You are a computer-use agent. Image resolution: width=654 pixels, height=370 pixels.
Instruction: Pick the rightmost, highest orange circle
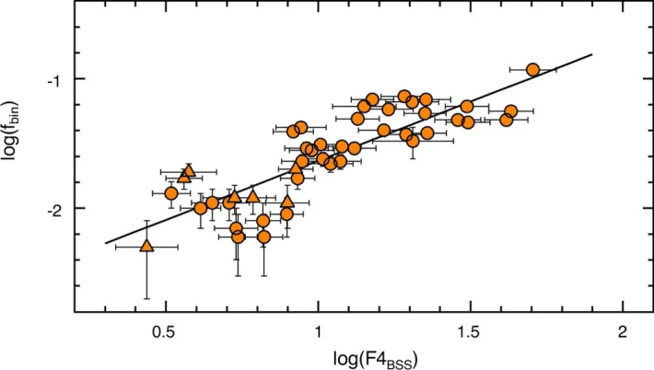pyautogui.click(x=532, y=70)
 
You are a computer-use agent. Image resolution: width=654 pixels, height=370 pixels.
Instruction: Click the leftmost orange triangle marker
pyautogui.click(x=146, y=245)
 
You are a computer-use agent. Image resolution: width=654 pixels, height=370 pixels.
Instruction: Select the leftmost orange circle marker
pyautogui.click(x=171, y=193)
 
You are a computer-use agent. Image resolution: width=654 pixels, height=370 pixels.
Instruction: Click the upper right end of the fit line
pyautogui.click(x=591, y=53)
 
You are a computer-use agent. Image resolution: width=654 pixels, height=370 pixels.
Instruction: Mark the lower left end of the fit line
pyautogui.click(x=105, y=244)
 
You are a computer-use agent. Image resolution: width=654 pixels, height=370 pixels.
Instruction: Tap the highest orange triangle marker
pyautogui.click(x=190, y=169)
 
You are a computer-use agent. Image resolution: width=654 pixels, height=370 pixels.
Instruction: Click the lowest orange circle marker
pyautogui.click(x=264, y=237)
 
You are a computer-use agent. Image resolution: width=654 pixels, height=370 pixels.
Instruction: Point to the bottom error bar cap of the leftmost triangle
pyautogui.click(x=146, y=298)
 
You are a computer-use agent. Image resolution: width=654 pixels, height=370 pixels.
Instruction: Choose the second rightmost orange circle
pyautogui.click(x=511, y=111)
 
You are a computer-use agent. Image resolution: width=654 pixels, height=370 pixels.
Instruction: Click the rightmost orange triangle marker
pyautogui.click(x=297, y=168)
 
